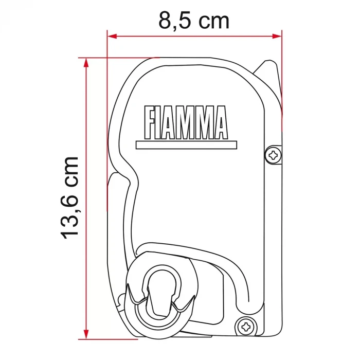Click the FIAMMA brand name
coord(186,122)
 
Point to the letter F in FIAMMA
coord(150,122)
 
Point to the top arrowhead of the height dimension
coord(86,62)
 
